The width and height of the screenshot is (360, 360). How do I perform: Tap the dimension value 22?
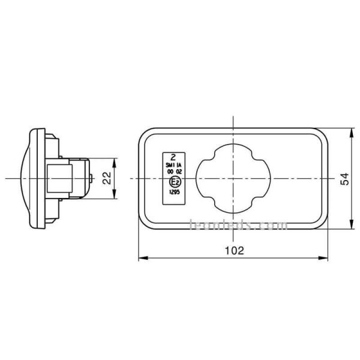107,178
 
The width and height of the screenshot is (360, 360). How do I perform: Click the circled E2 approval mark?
175,182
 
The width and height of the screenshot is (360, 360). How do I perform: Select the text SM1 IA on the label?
174,164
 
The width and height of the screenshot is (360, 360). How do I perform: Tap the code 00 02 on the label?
174,172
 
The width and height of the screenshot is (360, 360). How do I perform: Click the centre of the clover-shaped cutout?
233,178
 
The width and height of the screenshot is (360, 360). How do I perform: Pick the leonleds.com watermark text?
238,226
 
